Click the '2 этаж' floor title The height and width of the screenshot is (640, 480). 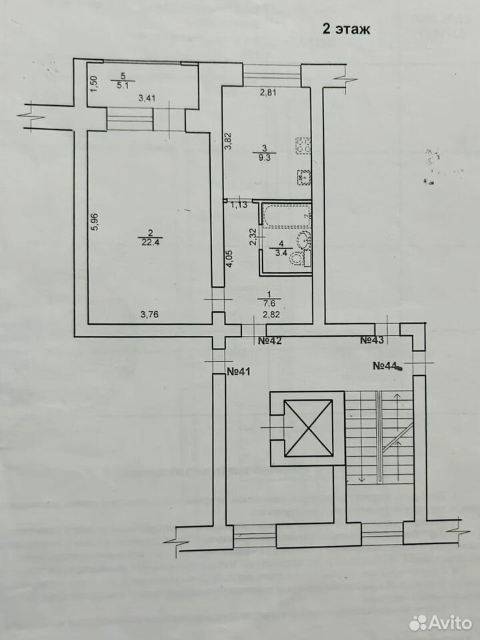(x=346, y=29)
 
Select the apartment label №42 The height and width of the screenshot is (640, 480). (x=270, y=341)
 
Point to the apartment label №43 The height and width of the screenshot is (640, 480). (x=372, y=340)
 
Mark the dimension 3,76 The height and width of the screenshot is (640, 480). (x=149, y=314)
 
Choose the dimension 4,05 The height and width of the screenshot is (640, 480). (x=229, y=259)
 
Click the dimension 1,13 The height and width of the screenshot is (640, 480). (x=239, y=205)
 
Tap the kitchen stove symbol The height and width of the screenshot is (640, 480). (x=303, y=145)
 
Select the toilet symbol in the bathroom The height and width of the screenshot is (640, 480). (x=297, y=258)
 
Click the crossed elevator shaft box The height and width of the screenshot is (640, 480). (x=308, y=428)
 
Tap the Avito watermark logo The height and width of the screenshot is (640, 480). (x=440, y=623)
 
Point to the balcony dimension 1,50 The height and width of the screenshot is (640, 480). (x=93, y=85)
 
